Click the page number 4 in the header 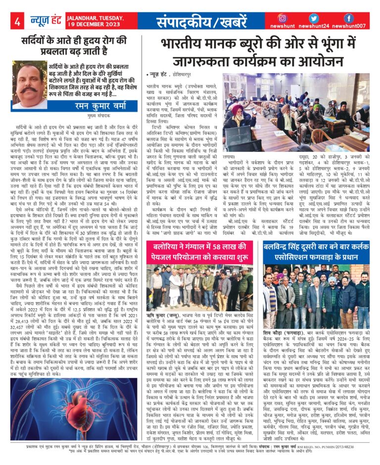click(x=17, y=21)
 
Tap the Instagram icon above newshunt click(x=283, y=18)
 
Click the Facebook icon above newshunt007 click(x=348, y=18)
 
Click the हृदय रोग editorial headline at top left click(x=74, y=46)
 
